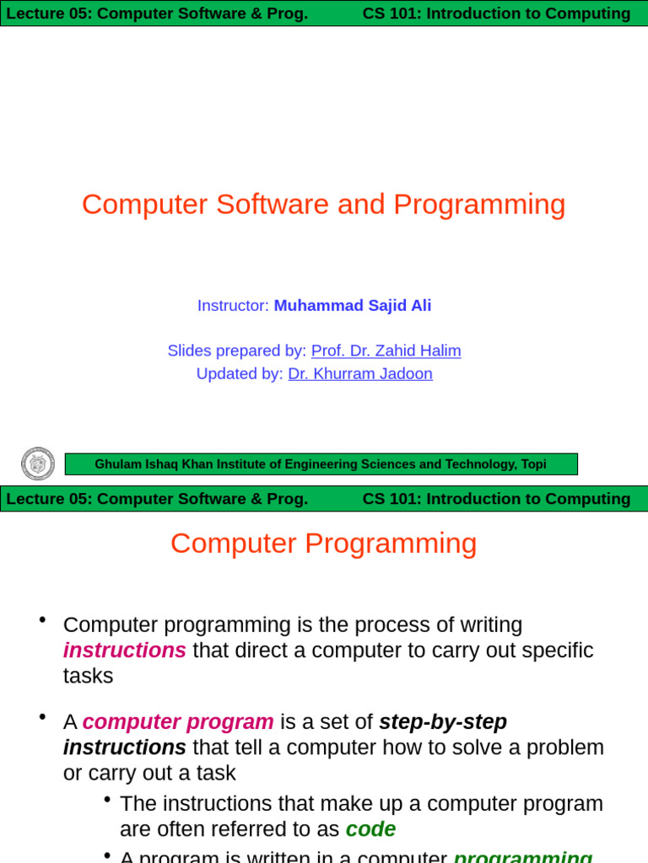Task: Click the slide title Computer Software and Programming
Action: tap(323, 205)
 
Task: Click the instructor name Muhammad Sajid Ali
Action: tap(352, 305)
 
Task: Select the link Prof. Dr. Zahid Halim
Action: tap(386, 351)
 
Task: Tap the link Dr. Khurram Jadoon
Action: tap(360, 373)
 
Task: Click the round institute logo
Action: tap(38, 464)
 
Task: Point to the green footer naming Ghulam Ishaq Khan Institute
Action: tap(321, 464)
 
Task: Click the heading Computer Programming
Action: tap(323, 544)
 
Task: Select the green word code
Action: tap(370, 829)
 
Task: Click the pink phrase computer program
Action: tap(178, 722)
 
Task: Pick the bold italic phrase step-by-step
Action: tap(443, 722)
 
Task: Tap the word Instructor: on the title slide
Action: tap(233, 305)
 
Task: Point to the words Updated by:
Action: tap(240, 373)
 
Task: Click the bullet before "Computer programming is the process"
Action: tap(42, 620)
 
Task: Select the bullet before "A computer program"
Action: tap(42, 717)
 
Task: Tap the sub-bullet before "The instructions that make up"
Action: tap(107, 799)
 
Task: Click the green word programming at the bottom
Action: tap(522, 856)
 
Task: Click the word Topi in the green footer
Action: tap(533, 464)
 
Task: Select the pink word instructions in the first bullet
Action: tap(125, 651)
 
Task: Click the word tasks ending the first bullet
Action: tap(88, 676)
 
